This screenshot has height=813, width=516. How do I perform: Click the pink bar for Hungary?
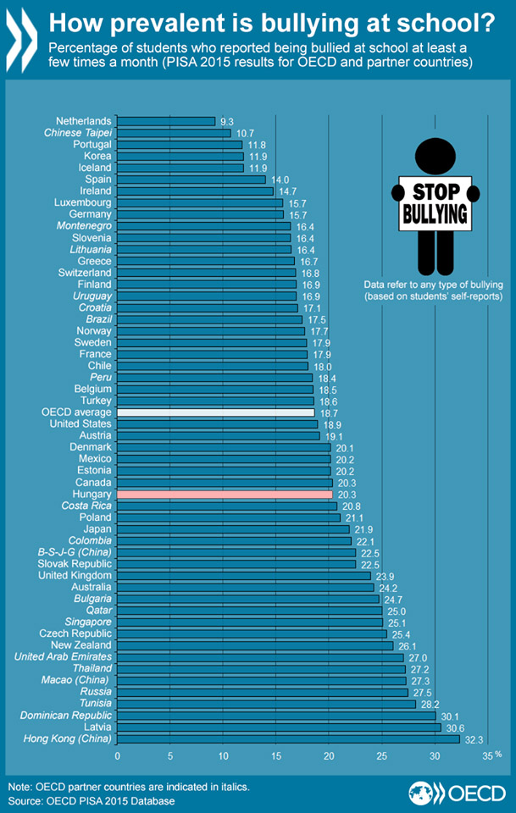225,494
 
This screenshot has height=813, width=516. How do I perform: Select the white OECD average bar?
216,412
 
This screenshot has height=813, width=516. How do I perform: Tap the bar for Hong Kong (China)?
288,739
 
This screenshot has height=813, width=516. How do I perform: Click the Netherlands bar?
167,121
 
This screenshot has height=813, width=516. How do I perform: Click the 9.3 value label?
226,122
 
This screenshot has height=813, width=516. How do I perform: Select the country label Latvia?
94,727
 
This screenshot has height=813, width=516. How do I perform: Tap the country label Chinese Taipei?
78,133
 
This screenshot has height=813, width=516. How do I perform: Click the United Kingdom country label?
75,575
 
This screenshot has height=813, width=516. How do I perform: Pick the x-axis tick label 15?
276,756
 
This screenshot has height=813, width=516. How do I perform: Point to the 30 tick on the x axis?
435,756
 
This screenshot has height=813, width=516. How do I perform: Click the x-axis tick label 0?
118,756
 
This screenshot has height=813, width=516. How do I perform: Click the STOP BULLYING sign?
436,202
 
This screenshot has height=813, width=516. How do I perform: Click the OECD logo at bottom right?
458,794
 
